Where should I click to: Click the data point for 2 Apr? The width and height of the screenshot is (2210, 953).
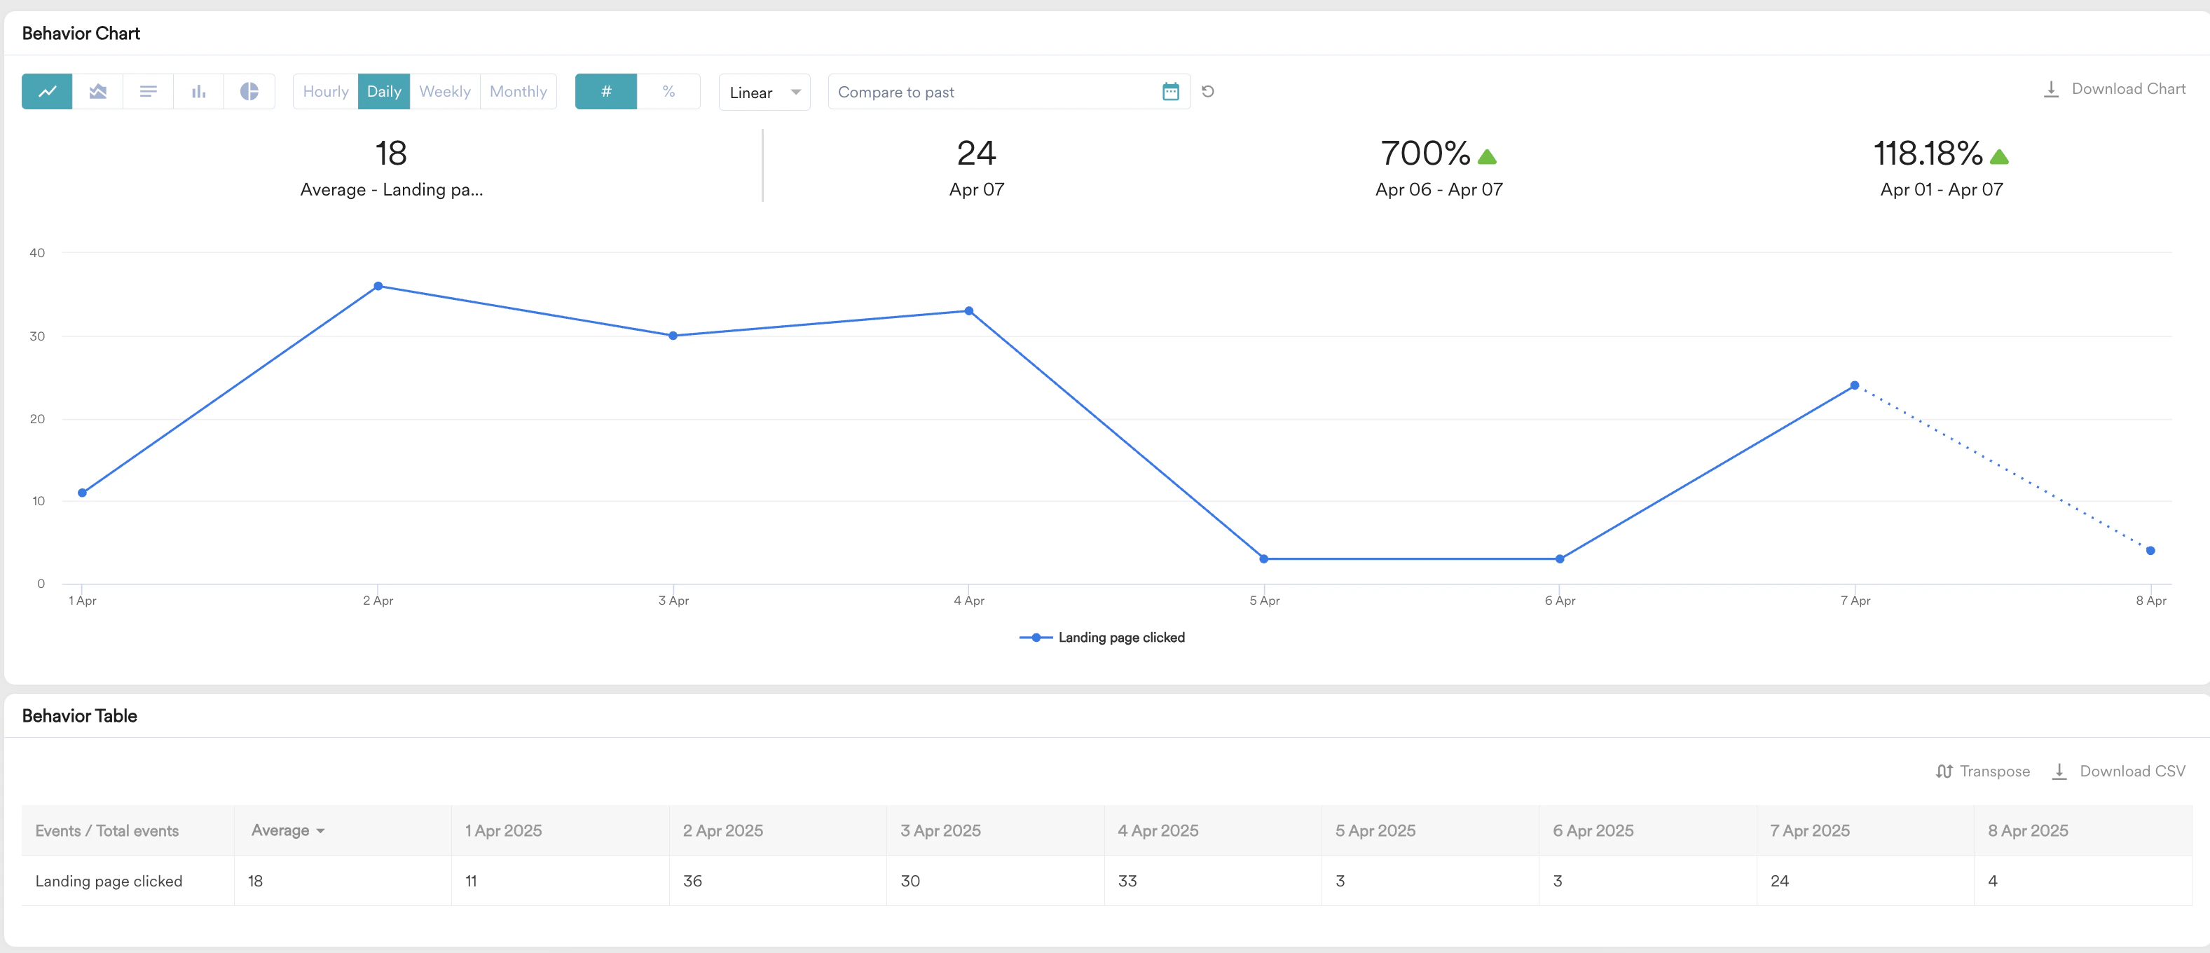378,287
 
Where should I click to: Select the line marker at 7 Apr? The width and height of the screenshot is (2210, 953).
1854,386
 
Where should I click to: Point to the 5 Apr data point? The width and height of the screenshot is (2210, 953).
1264,559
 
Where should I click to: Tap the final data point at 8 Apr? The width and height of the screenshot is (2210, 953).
2150,551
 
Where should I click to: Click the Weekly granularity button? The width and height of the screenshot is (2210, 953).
444,92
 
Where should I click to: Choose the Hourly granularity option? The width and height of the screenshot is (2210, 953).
325,92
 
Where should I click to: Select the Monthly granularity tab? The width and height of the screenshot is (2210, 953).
519,92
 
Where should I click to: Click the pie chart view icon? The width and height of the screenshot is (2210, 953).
249,92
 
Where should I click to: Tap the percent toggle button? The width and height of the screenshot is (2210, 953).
668,92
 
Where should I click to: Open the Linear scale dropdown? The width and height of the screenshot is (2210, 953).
764,92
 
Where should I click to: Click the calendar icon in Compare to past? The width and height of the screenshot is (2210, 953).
1170,92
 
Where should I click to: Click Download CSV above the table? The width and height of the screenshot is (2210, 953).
2119,771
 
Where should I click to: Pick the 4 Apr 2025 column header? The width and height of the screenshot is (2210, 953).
1158,830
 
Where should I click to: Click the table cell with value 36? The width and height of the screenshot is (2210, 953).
692,881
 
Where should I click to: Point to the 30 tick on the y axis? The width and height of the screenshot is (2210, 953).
37,336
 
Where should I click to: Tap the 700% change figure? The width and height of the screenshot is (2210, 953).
1426,154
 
